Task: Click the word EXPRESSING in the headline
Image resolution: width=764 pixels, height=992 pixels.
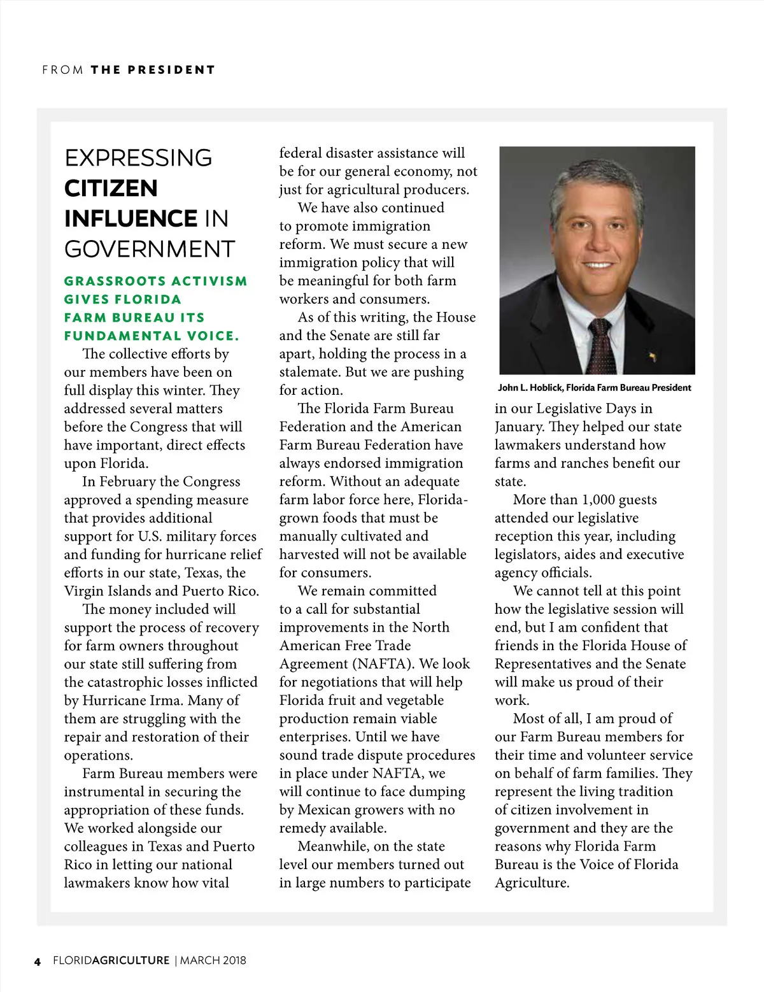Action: point(138,158)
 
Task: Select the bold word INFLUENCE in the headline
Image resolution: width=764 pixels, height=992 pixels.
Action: point(131,218)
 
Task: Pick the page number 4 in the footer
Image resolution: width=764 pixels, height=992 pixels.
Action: point(38,961)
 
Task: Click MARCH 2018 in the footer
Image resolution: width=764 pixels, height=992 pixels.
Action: point(213,960)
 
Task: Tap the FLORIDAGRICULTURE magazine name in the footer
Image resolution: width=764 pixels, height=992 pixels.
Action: point(111,960)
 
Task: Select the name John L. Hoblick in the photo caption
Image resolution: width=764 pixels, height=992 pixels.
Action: point(530,388)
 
